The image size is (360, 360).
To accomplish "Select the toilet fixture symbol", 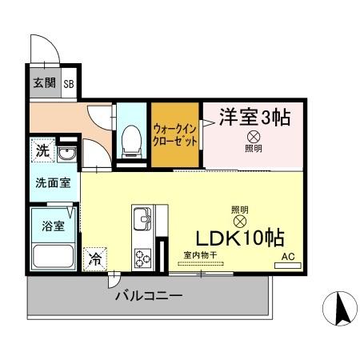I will tap(127, 139).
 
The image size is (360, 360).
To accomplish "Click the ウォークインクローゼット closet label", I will tap(175, 134).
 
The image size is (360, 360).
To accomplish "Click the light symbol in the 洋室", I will tap(253, 137).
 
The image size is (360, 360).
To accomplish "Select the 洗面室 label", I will tap(52, 182).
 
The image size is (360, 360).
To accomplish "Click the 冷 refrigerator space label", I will tap(95, 258).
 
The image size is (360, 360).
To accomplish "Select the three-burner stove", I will tap(142, 258).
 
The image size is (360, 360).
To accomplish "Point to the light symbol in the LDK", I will tap(239, 221).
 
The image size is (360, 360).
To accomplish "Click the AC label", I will tap(287, 257).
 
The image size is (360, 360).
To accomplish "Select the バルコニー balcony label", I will tap(148, 295).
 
